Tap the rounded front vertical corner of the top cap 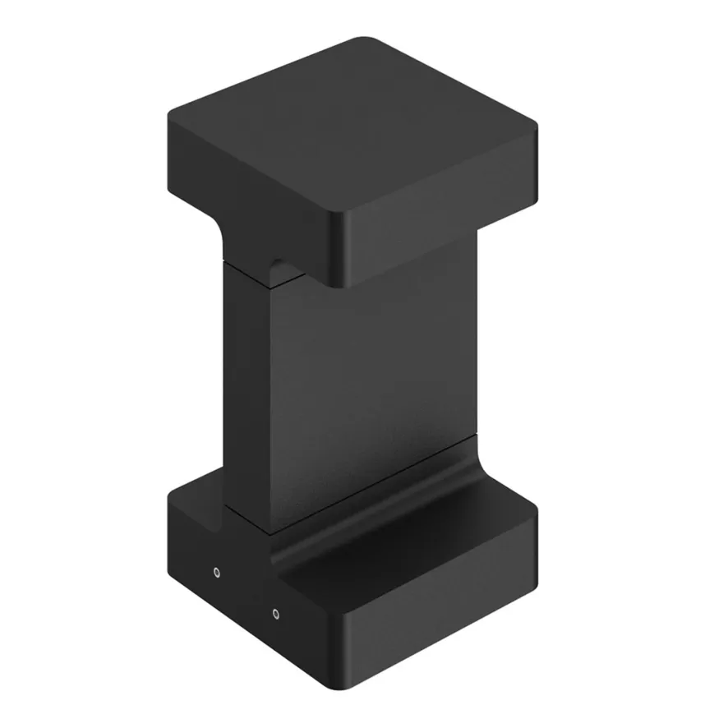335,247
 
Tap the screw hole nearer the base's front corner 275,613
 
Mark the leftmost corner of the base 171,497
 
